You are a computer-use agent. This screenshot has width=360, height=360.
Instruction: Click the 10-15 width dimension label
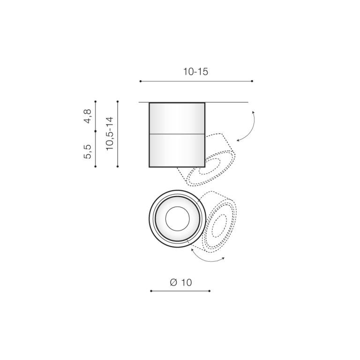click(x=195, y=72)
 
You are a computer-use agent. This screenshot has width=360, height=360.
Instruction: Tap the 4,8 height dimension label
click(x=88, y=116)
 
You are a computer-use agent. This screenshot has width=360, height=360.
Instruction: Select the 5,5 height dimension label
click(x=88, y=151)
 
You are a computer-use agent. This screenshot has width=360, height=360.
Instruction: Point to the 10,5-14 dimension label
click(x=110, y=134)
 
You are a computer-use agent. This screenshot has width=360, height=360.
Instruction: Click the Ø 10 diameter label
click(x=180, y=282)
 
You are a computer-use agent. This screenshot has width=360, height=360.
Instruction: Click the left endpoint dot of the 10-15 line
click(x=141, y=81)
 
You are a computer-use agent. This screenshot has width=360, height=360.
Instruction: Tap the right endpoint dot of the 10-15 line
click(x=252, y=81)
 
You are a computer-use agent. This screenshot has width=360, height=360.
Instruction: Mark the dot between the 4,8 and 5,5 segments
click(x=96, y=131)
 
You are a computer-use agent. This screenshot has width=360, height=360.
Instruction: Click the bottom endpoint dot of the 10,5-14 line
click(x=118, y=166)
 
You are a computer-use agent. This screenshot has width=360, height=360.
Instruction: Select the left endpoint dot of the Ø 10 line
click(x=151, y=291)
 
